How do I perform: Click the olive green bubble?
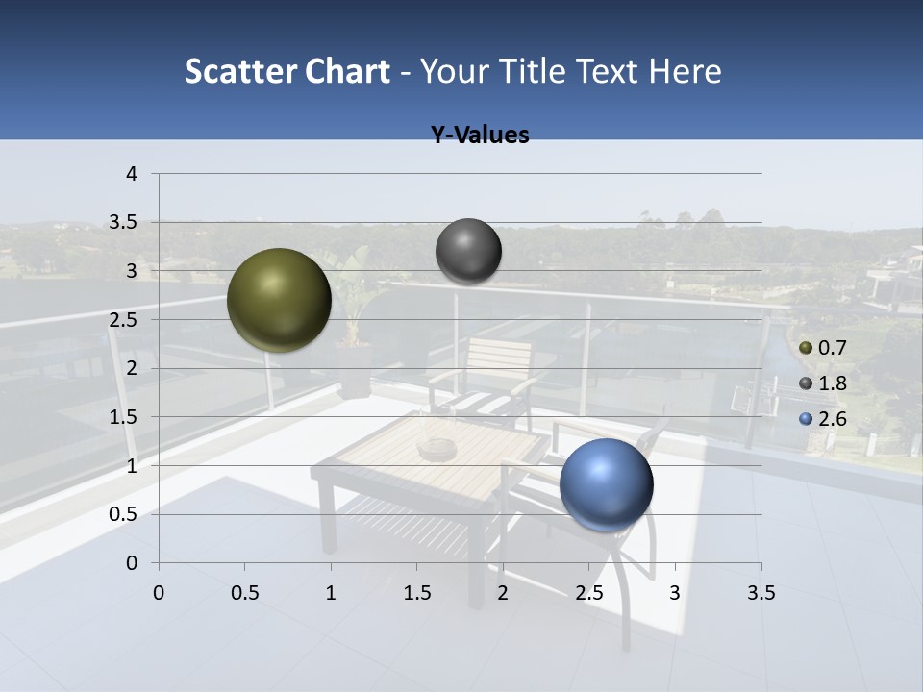279,300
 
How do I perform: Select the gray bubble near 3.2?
468,251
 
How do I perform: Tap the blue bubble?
606,484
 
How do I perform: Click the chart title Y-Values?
480,136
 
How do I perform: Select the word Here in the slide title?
684,71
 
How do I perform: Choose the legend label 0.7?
832,348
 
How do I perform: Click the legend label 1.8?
832,383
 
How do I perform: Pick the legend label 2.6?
832,419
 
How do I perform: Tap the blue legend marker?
806,419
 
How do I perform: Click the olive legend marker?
806,348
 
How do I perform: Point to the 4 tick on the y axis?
132,174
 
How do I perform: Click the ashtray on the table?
437,448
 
